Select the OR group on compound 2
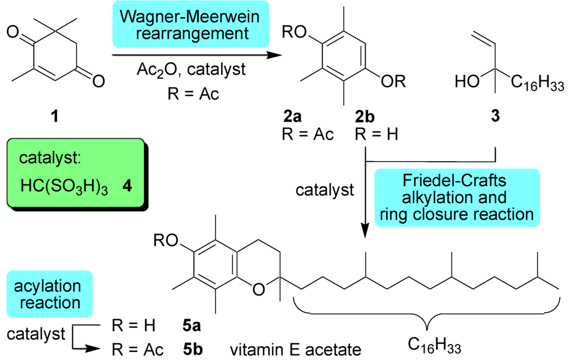(x=393, y=82)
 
